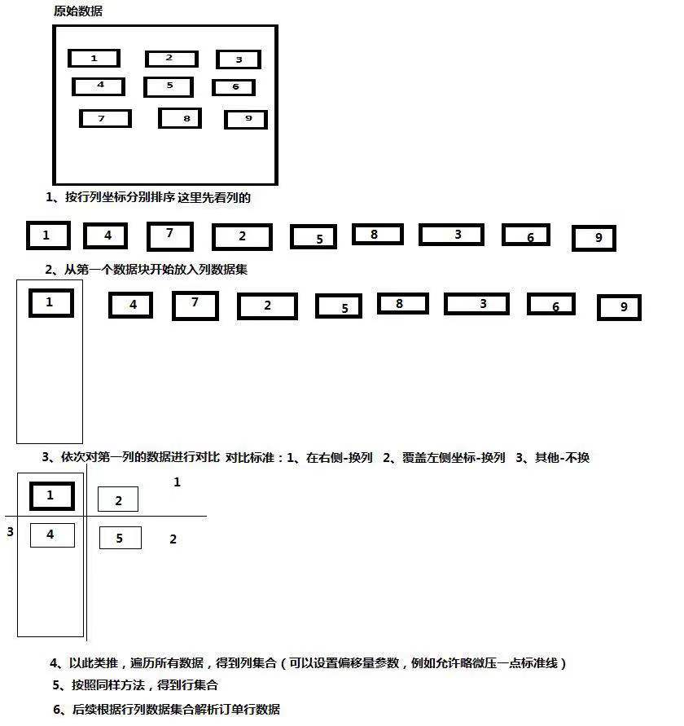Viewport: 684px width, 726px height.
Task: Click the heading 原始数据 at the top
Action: point(77,11)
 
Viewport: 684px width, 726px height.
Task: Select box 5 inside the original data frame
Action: point(169,86)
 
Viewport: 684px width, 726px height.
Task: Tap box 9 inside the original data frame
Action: point(246,120)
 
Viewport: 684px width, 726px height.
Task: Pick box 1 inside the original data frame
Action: point(94,59)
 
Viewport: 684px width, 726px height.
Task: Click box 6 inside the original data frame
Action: point(234,87)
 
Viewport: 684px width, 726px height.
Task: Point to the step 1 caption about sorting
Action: point(148,197)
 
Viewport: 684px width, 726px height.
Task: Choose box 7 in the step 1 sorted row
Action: point(169,235)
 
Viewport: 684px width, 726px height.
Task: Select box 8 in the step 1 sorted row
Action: point(377,235)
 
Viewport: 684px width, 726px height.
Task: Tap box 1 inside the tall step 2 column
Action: point(50,303)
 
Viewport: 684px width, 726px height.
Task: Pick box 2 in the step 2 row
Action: point(267,306)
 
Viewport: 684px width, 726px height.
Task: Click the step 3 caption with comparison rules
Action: point(315,458)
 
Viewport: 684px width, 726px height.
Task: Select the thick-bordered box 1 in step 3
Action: point(51,495)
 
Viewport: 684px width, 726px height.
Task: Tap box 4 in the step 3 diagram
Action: point(52,535)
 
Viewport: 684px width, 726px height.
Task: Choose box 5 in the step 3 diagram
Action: point(120,538)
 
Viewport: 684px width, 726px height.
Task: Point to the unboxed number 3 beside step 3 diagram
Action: point(10,532)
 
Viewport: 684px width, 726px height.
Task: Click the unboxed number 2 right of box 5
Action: point(173,539)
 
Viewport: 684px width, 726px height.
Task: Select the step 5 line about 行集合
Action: point(135,685)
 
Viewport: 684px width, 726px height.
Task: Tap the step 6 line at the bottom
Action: point(166,710)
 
